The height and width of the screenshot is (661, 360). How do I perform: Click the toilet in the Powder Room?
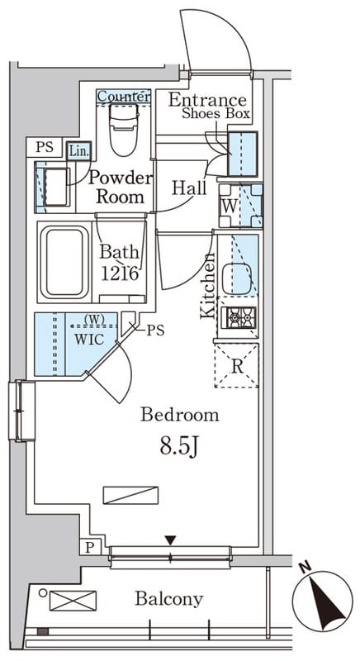[x=123, y=128]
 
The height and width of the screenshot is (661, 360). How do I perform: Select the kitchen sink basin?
[x=236, y=278]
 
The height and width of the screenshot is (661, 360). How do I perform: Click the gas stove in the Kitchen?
[x=240, y=317]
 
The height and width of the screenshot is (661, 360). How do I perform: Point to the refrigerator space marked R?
[x=236, y=365]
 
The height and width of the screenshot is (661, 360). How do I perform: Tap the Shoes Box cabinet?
[x=243, y=154]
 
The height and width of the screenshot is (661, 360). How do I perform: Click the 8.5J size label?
[x=179, y=446]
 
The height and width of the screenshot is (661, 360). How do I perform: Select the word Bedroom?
[x=180, y=415]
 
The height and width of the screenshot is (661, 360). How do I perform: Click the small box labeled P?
[x=90, y=548]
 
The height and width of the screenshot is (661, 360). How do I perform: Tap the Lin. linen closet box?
[x=78, y=150]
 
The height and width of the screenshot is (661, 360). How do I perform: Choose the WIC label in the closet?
[x=89, y=340]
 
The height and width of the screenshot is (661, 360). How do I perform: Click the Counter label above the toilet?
[x=123, y=97]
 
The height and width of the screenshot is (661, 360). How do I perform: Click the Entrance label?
[x=207, y=100]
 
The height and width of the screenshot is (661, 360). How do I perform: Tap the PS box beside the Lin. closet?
[x=44, y=147]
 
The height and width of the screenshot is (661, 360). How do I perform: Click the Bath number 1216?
[x=120, y=273]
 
